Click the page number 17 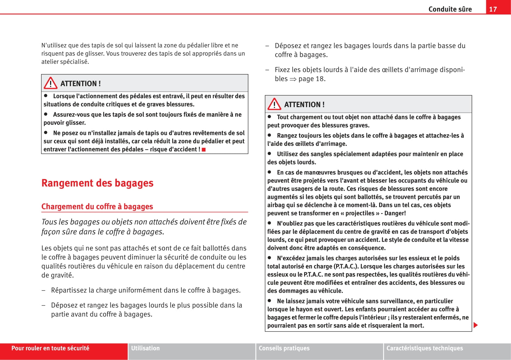pyautogui.click(x=493, y=9)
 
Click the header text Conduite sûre pyautogui.click(x=450, y=9)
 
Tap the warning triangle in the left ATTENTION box pyautogui.click(x=50, y=83)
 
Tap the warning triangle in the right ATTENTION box pyautogui.click(x=274, y=104)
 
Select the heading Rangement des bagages pyautogui.click(x=97, y=183)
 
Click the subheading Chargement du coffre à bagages pyautogui.click(x=97, y=207)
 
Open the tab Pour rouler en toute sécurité pyautogui.click(x=50, y=348)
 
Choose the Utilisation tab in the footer pyautogui.click(x=146, y=348)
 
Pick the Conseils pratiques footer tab pyautogui.click(x=284, y=348)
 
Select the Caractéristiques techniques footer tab pyautogui.click(x=424, y=348)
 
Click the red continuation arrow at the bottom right pyautogui.click(x=475, y=325)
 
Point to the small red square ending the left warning pyautogui.click(x=204, y=150)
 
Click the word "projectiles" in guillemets pyautogui.click(x=360, y=213)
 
